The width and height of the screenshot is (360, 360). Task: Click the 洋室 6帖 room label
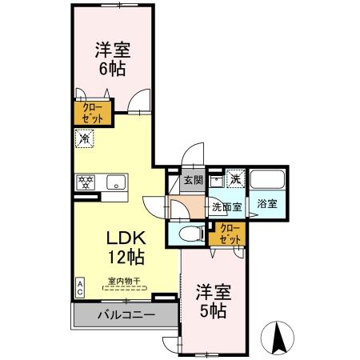[112, 57]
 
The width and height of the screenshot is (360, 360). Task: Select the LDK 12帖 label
[125, 248]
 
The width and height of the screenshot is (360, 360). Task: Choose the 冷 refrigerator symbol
[84, 138]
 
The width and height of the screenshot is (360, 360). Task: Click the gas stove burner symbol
[85, 182]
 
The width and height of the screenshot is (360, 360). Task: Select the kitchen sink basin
[115, 182]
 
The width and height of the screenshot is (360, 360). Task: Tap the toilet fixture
[189, 234]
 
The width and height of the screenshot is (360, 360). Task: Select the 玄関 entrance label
[192, 181]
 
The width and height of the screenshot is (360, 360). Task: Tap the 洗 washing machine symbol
[235, 178]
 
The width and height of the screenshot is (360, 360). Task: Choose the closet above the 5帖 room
[229, 234]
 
